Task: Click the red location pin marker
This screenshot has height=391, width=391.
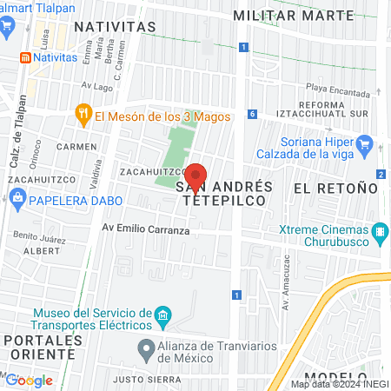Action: tap(197, 177)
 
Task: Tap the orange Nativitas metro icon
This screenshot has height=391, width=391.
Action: tap(26, 57)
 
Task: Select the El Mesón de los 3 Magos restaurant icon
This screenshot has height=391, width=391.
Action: tap(83, 112)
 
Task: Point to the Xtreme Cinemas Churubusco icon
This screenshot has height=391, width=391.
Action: tap(379, 233)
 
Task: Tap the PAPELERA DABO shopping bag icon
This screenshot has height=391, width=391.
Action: tap(17, 200)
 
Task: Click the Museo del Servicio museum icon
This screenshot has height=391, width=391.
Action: tap(162, 314)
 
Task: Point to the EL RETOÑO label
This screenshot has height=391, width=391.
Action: tap(335, 188)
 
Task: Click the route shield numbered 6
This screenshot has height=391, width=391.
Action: tap(251, 114)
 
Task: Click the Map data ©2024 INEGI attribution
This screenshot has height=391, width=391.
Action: tap(340, 384)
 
